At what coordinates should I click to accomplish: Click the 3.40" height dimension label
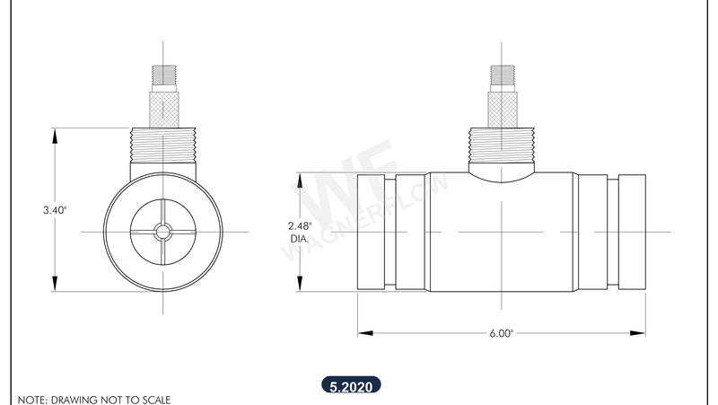[55, 209]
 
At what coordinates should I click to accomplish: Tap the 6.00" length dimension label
[501, 333]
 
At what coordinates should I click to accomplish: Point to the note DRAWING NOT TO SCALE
[93, 399]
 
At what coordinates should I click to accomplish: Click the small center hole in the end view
[162, 232]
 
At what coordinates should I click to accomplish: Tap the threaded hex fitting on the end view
[162, 145]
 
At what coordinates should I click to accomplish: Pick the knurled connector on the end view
[162, 106]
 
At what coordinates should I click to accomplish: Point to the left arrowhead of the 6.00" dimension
[363, 333]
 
